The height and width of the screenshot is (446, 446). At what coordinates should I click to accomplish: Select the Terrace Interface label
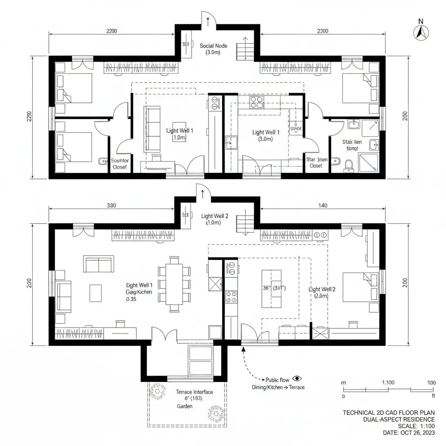pos(194,392)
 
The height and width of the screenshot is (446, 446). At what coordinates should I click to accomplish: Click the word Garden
pos(185,406)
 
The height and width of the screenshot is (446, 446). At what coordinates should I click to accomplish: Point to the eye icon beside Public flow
pos(297,379)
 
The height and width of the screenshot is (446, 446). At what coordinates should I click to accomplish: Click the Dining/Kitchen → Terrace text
pos(278,387)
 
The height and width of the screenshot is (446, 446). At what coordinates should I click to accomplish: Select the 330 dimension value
pos(111,206)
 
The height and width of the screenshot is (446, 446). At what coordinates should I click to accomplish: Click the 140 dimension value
pos(323,206)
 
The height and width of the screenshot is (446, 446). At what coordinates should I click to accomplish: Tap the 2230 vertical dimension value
pos(29,117)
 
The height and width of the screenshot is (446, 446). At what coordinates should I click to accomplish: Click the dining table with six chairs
pos(175,284)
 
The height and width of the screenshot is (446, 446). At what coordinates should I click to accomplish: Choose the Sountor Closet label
pos(120,164)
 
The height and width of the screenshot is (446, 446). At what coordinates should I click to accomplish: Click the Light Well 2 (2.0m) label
pos(321,292)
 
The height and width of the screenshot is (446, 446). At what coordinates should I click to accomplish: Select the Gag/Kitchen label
pos(139,292)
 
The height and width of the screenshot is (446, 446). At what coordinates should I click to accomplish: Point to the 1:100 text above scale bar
pos(388,382)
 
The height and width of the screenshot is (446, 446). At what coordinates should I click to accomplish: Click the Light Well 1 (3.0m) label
pos(266,135)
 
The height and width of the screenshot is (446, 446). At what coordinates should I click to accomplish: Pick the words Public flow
pos(277,380)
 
